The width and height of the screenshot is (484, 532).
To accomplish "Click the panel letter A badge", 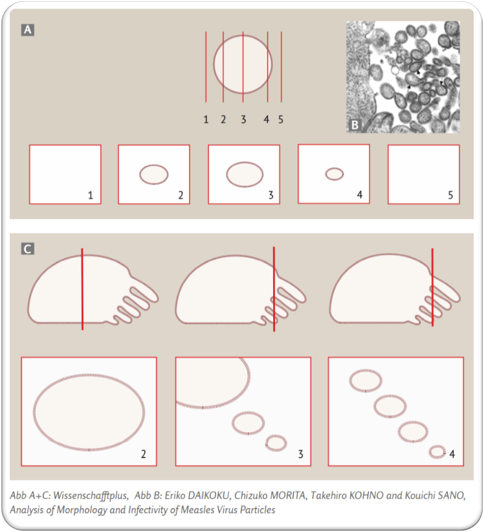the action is point(28,29).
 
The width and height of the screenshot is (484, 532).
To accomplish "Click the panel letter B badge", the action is point(355,125).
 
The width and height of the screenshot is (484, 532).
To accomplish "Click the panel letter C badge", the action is point(28,248).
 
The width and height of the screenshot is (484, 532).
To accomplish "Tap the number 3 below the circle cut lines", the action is point(243,120).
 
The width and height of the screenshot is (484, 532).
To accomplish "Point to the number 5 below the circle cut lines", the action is point(281,120).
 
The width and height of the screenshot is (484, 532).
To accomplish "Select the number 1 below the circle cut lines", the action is point(206,120).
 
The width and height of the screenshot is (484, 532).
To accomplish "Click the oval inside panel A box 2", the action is point(153,174).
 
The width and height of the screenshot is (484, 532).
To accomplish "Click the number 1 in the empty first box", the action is point(90,195).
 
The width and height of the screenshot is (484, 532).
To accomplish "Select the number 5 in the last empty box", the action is point(451,195).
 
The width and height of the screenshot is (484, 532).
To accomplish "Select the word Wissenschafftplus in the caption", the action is point(91,496).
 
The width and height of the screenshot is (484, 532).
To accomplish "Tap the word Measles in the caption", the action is point(202,510).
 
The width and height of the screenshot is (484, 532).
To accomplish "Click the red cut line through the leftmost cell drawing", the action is point(82,289).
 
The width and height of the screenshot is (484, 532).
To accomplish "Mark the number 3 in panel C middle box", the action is point(301,454).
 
